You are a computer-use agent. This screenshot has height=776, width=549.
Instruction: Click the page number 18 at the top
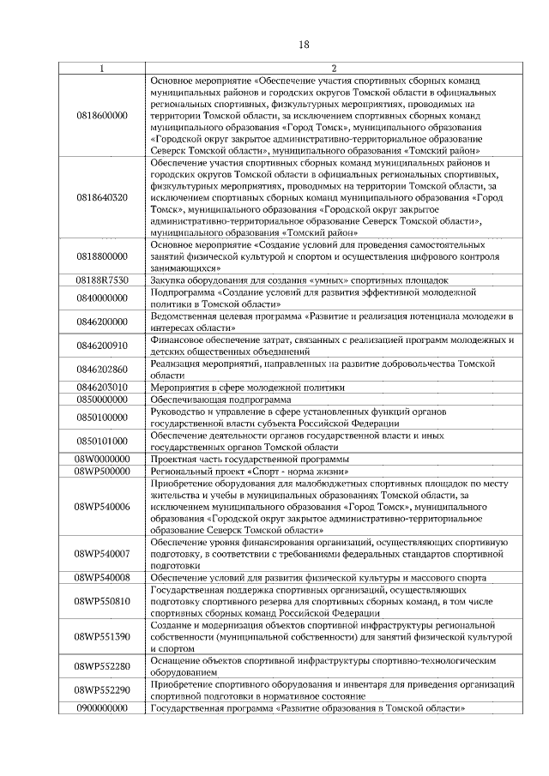click(x=303, y=45)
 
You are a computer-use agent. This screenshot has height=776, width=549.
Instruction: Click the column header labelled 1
click(x=102, y=68)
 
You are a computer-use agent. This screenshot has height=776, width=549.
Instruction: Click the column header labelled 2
click(x=334, y=68)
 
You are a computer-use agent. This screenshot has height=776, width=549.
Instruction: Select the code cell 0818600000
click(x=102, y=115)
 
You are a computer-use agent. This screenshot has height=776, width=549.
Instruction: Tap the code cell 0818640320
click(x=102, y=197)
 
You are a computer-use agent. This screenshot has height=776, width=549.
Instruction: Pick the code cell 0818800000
click(x=102, y=256)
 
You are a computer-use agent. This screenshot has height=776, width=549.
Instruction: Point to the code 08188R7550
click(x=102, y=280)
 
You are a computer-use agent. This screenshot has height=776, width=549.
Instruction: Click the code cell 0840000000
click(x=102, y=298)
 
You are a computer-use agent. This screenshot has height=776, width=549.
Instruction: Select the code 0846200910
click(x=102, y=346)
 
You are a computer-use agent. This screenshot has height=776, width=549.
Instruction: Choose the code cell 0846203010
click(x=102, y=387)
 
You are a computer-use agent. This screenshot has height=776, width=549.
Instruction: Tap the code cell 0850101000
click(x=102, y=441)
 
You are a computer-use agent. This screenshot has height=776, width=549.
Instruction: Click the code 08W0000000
click(x=102, y=459)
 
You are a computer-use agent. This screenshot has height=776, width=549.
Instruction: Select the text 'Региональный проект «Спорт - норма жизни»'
click(x=248, y=471)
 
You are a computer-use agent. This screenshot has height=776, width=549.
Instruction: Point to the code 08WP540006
click(x=102, y=507)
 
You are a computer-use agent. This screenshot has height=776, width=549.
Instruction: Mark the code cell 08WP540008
click(x=102, y=578)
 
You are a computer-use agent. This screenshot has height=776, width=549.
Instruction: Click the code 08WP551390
click(x=102, y=637)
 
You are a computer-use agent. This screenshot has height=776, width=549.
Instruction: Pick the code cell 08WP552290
click(x=102, y=690)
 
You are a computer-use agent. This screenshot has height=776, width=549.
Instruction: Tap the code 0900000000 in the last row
click(x=102, y=708)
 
